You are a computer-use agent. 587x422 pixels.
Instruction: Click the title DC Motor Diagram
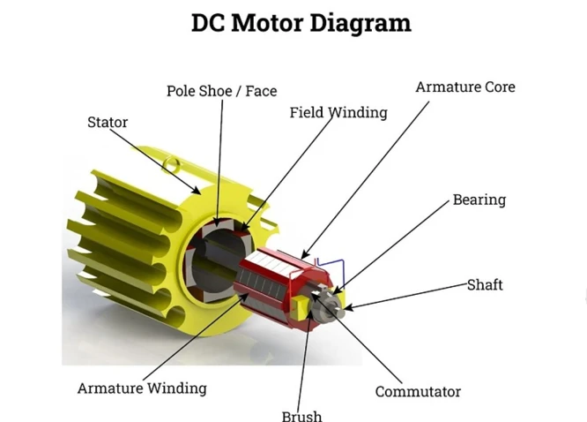301,24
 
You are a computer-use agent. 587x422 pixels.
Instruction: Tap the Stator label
108,123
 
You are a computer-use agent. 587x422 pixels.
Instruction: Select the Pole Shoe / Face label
221,91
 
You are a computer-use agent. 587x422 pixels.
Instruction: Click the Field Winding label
338,112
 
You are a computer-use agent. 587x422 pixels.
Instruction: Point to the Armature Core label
465,87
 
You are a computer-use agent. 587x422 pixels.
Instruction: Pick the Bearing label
479,200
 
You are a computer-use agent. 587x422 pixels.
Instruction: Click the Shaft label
485,285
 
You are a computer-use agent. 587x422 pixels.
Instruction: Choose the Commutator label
418,392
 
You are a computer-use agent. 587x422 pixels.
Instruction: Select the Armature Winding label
142,388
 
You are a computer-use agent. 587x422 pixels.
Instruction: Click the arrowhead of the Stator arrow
197,192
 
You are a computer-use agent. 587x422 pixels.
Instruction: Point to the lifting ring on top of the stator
172,164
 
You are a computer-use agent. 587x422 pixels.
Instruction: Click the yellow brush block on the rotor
300,307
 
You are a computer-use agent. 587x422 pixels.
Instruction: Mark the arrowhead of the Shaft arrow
347,308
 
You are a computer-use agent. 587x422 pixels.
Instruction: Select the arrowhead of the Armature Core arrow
305,255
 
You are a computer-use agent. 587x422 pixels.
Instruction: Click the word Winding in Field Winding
358,112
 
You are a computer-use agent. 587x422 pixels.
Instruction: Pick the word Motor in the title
267,24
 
